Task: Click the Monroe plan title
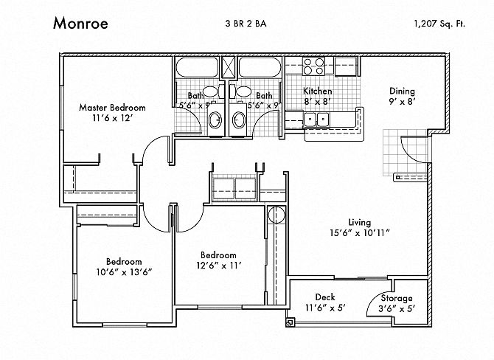[80, 24]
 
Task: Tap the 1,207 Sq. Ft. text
[439, 24]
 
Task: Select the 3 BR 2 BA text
[246, 24]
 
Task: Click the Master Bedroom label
[112, 108]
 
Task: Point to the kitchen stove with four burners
[314, 66]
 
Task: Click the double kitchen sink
[316, 120]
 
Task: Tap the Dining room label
[402, 91]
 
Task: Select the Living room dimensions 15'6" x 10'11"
[360, 233]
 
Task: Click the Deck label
[325, 297]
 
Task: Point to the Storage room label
[397, 298]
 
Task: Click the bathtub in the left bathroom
[197, 67]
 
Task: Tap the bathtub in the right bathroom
[260, 67]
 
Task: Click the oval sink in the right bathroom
[238, 120]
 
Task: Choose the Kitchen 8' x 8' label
[318, 96]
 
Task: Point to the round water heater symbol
[276, 215]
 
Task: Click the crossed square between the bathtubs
[228, 67]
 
